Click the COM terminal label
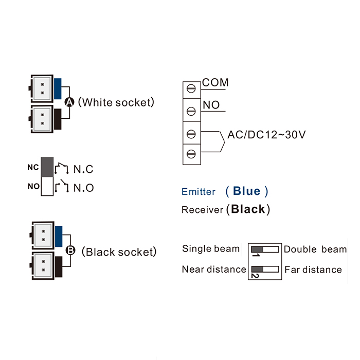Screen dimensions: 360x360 (215, 82)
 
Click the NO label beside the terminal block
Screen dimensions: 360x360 (211, 105)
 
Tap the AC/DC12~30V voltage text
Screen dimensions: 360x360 (267, 135)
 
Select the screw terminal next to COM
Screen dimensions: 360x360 (191, 88)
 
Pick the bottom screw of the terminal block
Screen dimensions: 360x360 (191, 153)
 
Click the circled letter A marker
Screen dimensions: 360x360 (70, 102)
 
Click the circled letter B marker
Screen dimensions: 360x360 (71, 251)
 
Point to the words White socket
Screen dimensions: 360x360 (117, 102)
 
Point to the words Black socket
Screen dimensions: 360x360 (120, 252)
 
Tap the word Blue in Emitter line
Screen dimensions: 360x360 (247, 191)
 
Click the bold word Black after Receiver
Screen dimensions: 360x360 (248, 209)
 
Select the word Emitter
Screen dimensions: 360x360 (199, 192)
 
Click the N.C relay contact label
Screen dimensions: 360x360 (83, 169)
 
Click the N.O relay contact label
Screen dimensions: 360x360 (83, 188)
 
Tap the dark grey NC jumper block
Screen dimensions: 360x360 (47, 167)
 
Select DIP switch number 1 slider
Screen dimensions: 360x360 (257, 249)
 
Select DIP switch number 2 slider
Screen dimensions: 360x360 (257, 269)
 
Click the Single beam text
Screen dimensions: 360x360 (211, 249)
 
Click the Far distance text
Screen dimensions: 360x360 (313, 269)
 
